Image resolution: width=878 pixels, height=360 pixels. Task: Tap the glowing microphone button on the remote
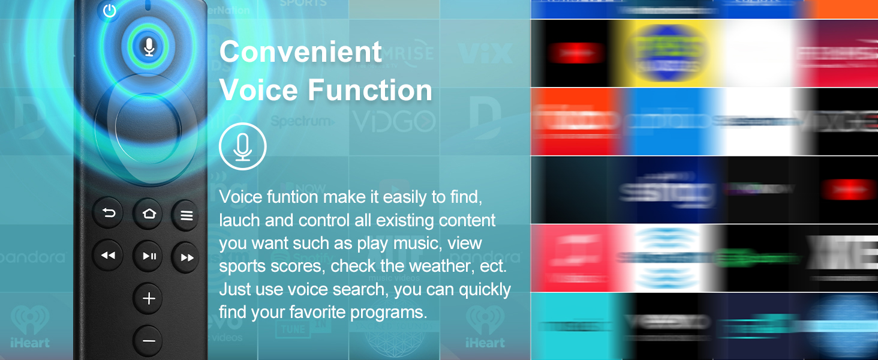coord(149,46)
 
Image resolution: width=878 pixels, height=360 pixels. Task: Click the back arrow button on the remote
coord(109,214)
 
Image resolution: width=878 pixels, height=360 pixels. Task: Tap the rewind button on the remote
coord(109,256)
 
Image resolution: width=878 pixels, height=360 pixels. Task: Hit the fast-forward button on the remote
coord(187,257)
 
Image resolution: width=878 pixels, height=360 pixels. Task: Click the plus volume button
coord(149,299)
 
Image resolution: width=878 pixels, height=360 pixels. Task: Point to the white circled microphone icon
coord(242,146)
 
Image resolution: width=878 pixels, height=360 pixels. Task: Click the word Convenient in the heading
coord(300,52)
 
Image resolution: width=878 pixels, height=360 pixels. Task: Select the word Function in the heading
coord(370,91)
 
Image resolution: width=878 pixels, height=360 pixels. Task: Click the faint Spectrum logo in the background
coord(302,121)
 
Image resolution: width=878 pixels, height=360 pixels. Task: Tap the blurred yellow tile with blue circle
coord(667,53)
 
